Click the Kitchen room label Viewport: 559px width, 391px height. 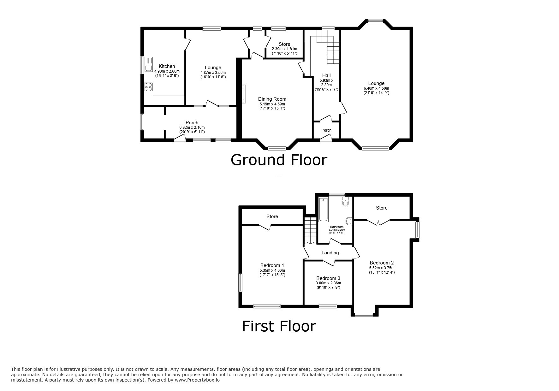(x=167, y=66)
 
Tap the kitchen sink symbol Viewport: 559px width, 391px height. (x=148, y=64)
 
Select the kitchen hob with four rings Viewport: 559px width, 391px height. (x=148, y=86)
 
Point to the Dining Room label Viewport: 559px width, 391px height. (x=272, y=99)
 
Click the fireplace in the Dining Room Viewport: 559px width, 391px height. (x=244, y=94)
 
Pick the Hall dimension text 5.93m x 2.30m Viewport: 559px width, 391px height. (x=326, y=82)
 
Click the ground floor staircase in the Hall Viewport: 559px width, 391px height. (x=328, y=49)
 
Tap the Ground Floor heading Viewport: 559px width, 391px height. (x=279, y=160)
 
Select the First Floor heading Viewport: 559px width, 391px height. (x=279, y=326)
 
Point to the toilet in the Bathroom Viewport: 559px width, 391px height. (x=345, y=202)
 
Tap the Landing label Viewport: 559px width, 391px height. (x=330, y=253)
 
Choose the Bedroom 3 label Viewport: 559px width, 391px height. (x=328, y=278)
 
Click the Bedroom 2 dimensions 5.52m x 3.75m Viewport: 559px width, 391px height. (x=382, y=268)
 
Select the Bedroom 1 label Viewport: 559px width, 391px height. (x=272, y=265)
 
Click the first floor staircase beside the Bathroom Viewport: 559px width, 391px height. (x=311, y=230)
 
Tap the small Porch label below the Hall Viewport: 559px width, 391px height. (x=326, y=130)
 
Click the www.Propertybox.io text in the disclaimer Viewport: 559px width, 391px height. (x=197, y=380)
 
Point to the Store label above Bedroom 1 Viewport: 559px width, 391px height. (x=272, y=216)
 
